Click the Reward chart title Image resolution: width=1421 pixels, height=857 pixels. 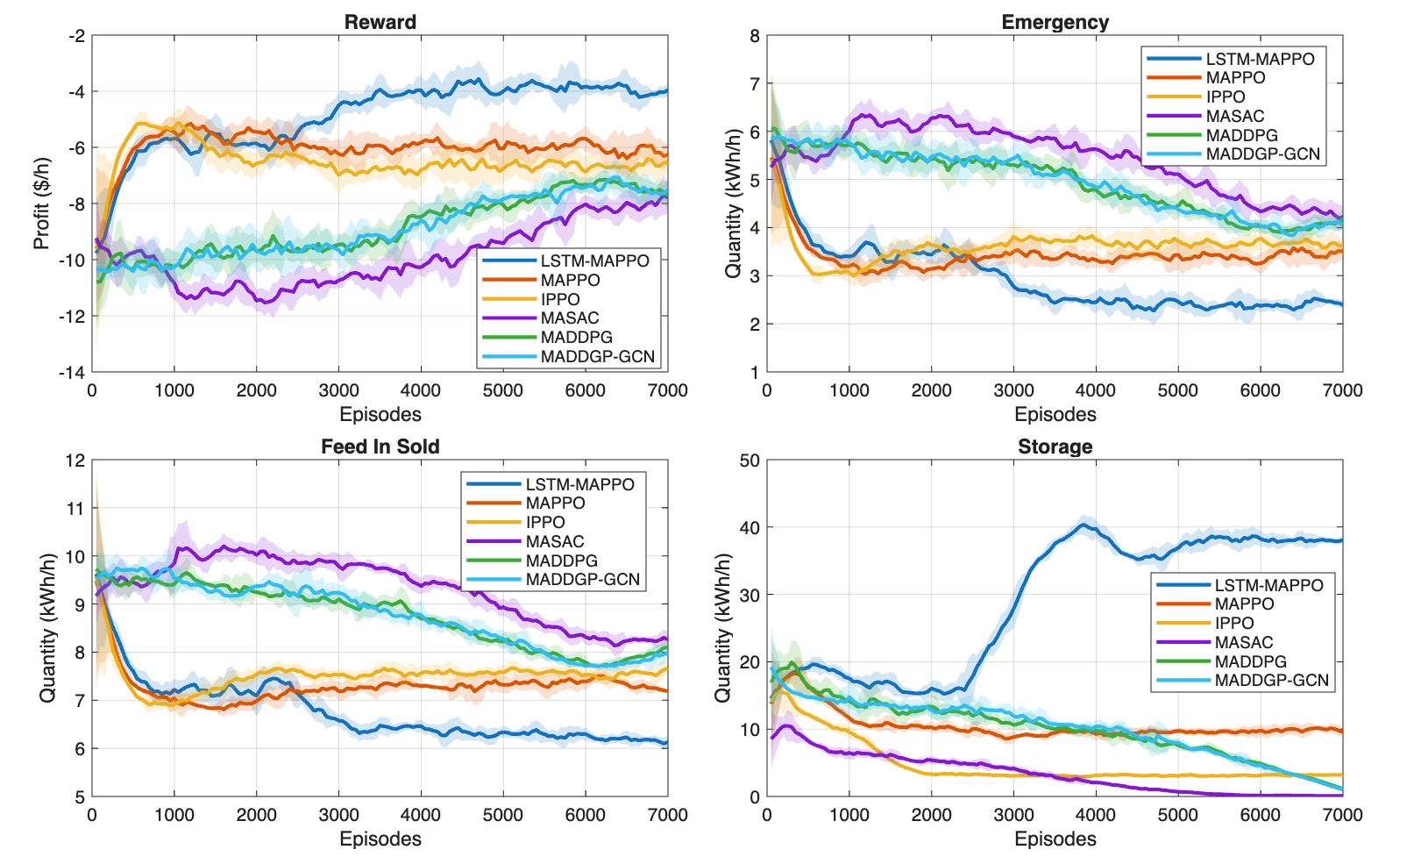[380, 22]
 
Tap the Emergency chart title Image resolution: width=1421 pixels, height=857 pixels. [1055, 22]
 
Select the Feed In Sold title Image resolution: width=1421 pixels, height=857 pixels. [380, 446]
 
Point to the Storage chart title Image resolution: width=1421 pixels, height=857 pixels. [1055, 446]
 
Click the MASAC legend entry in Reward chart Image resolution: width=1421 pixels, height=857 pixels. [570, 318]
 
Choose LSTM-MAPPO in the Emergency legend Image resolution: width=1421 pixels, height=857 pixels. [1260, 59]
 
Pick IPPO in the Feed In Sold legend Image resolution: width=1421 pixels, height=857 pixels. [545, 522]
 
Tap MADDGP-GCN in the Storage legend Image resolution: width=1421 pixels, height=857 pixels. [1271, 681]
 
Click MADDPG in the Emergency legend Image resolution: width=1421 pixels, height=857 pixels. [1241, 135]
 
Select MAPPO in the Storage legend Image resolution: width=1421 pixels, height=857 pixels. [1244, 603]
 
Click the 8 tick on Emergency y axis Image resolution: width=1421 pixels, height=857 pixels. [755, 36]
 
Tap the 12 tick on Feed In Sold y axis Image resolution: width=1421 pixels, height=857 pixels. [75, 461]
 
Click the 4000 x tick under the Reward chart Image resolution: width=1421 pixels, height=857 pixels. [421, 390]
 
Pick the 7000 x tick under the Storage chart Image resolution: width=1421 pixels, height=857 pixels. [1342, 815]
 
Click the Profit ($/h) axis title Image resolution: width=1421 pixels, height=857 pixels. [42, 204]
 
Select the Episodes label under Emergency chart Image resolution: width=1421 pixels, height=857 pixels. [1055, 414]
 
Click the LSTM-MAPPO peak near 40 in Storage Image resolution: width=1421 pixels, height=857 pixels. [1084, 525]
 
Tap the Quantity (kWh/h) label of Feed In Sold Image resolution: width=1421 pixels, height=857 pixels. [47, 628]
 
